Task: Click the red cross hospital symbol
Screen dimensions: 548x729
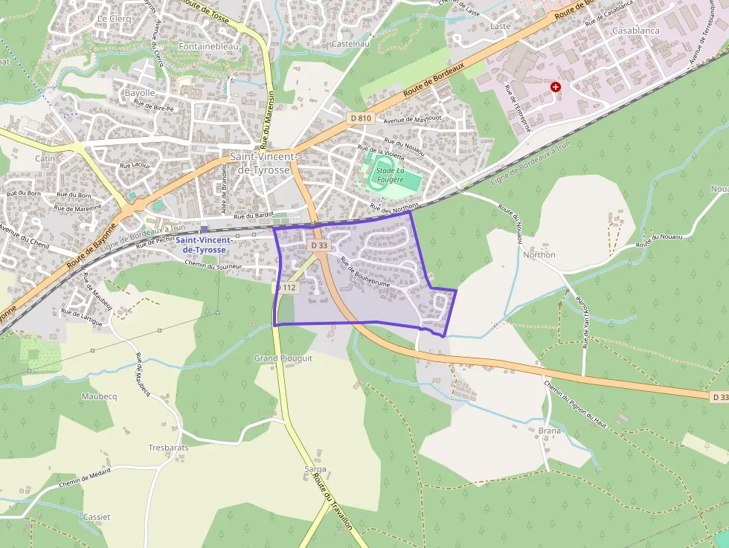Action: pos(555,87)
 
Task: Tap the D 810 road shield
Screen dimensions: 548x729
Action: pos(361,117)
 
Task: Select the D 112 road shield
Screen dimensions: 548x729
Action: pos(287,287)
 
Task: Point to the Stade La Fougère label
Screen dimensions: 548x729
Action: pos(390,175)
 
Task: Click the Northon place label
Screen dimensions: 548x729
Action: pos(539,254)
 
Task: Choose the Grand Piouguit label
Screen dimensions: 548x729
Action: pos(283,358)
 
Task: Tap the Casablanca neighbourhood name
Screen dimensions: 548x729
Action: pos(635,30)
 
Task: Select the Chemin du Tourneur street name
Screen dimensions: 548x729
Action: pos(213,265)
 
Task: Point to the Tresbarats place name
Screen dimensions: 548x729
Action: pos(169,448)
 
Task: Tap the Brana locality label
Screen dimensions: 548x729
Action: pos(549,431)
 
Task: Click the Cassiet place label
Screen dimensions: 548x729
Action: pos(97,517)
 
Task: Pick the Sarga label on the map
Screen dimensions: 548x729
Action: pos(315,469)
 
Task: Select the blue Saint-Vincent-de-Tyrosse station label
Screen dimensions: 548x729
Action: pos(205,245)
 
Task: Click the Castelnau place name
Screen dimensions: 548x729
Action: pos(351,44)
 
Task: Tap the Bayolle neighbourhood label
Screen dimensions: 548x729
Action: pos(140,93)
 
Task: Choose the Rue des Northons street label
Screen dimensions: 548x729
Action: pos(395,207)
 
